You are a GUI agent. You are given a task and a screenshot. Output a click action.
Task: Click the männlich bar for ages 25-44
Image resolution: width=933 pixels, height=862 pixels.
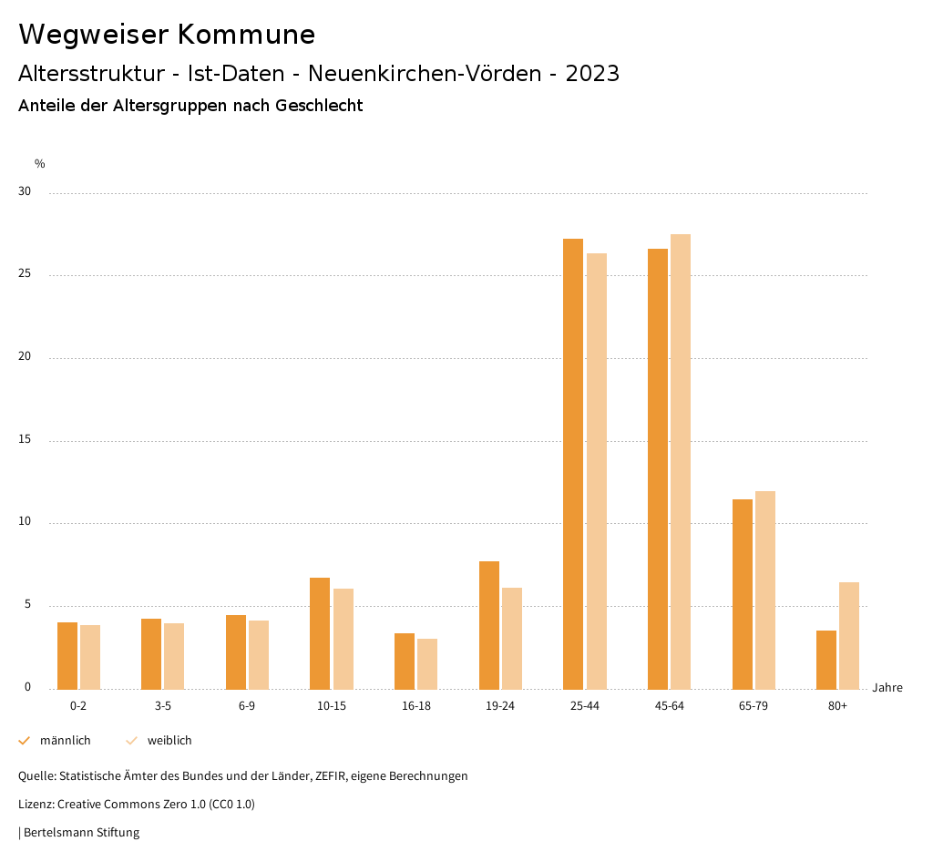click(573, 464)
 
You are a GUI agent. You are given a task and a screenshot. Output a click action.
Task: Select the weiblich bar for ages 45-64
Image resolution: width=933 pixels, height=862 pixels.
click(681, 461)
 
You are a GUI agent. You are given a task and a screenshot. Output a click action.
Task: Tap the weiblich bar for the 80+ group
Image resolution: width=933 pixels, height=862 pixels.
click(849, 635)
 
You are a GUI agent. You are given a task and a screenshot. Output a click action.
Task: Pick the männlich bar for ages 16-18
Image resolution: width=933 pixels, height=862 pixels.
click(405, 661)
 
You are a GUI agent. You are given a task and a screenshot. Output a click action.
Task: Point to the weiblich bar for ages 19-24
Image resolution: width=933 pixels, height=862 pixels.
click(512, 638)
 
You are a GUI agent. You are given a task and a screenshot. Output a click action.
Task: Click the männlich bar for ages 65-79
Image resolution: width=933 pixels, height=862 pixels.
click(743, 594)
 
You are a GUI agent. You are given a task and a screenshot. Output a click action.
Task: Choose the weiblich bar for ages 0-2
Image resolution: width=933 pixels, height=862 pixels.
click(90, 657)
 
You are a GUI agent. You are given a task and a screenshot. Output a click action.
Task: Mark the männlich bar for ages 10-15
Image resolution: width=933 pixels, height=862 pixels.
click(320, 633)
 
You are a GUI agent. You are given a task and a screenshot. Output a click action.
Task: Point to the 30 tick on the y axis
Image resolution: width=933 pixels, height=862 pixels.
click(24, 192)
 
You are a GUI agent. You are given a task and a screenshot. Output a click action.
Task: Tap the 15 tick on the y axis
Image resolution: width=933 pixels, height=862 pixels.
click(24, 440)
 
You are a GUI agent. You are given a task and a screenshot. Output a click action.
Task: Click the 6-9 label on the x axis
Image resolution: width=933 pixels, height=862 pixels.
click(247, 706)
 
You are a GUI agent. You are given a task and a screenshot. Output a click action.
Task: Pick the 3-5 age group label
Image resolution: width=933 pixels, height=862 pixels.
click(163, 706)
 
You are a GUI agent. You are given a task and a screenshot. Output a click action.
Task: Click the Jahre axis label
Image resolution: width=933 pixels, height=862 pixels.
click(887, 688)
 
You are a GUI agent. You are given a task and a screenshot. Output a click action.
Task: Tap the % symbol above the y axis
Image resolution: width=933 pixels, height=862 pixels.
click(40, 164)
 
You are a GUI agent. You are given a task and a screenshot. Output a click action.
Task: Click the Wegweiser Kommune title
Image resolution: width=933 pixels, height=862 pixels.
click(167, 35)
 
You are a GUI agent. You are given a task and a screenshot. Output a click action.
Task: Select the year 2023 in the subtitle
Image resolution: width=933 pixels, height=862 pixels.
click(592, 74)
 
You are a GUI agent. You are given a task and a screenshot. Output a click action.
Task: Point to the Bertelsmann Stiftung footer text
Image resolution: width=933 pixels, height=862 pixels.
click(81, 832)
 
